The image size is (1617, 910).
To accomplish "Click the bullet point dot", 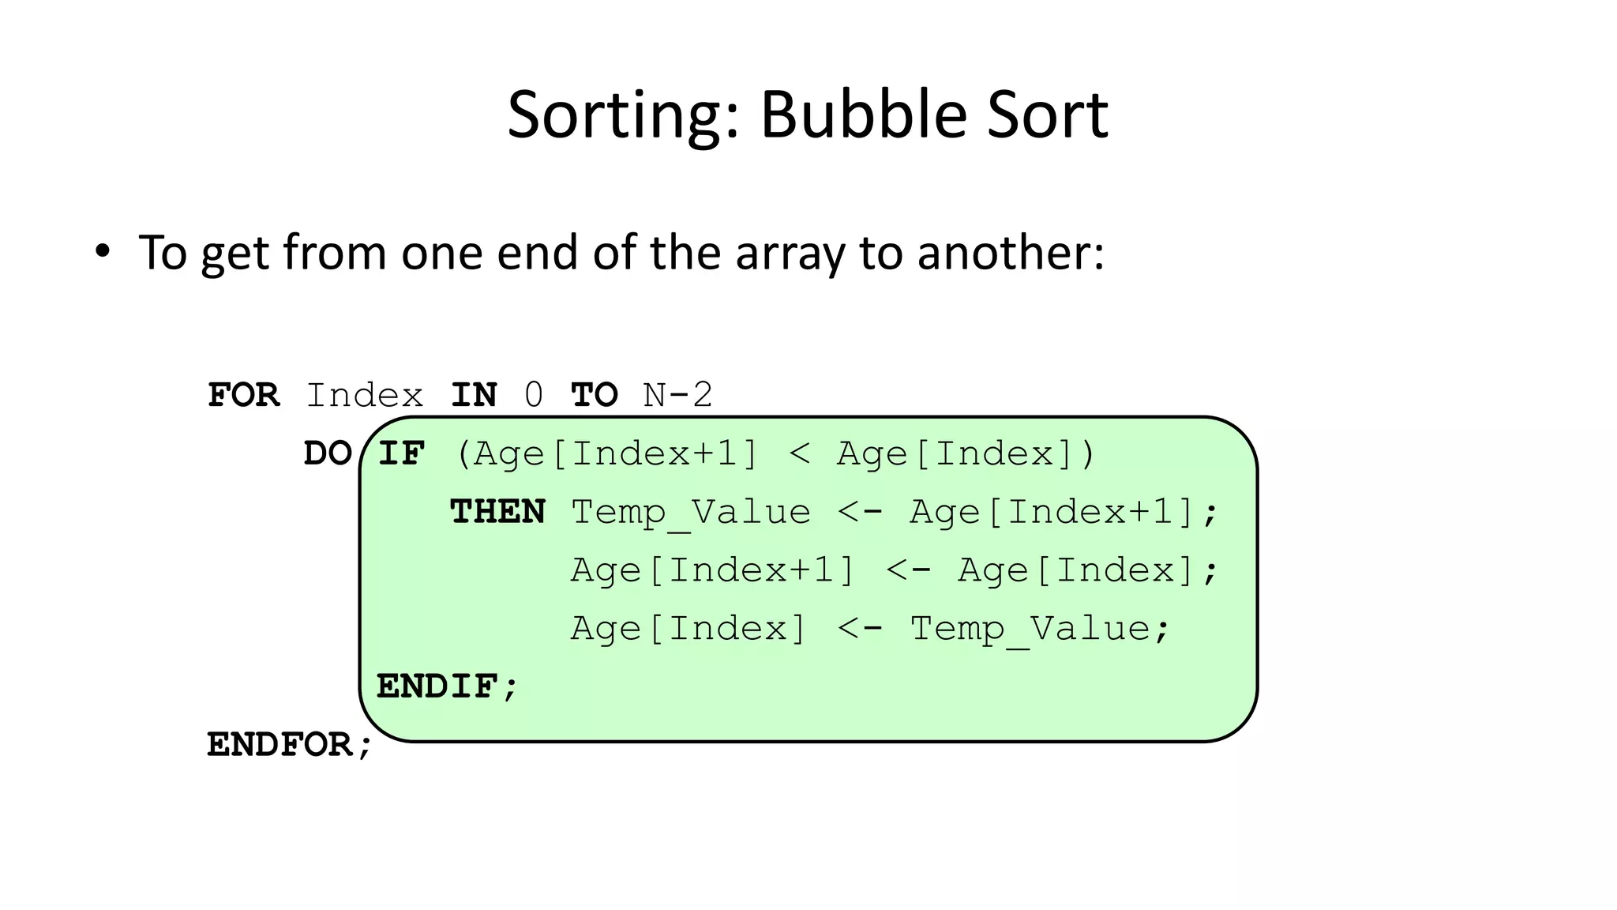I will (102, 252).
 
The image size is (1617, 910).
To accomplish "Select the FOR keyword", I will (243, 395).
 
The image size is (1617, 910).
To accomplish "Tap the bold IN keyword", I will (474, 395).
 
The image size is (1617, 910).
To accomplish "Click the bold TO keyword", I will (594, 395).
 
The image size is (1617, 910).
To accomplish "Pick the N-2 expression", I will (677, 395).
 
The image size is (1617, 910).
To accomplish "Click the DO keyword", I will (328, 453).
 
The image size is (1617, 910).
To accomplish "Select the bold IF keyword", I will (401, 453).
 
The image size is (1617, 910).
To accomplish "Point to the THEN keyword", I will (497, 512).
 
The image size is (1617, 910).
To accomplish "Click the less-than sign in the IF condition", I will (799, 453).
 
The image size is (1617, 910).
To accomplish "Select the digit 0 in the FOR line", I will (534, 395).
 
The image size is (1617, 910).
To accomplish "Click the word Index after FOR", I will (364, 395).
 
